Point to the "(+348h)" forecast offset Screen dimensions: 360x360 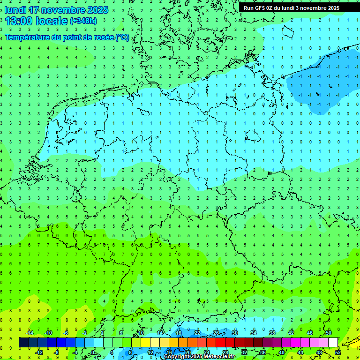83,21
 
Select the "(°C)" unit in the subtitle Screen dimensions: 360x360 123,37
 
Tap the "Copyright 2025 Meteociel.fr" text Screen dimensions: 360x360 200,357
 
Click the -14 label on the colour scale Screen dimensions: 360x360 29,333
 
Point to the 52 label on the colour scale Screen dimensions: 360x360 337,352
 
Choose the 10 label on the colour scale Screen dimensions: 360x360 141,333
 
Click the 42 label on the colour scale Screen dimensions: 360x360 291,333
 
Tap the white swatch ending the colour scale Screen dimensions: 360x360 333,342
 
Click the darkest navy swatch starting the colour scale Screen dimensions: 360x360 23,342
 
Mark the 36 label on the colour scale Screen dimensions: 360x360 262,352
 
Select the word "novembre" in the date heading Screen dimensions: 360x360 63,10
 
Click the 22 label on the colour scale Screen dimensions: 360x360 197,333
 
